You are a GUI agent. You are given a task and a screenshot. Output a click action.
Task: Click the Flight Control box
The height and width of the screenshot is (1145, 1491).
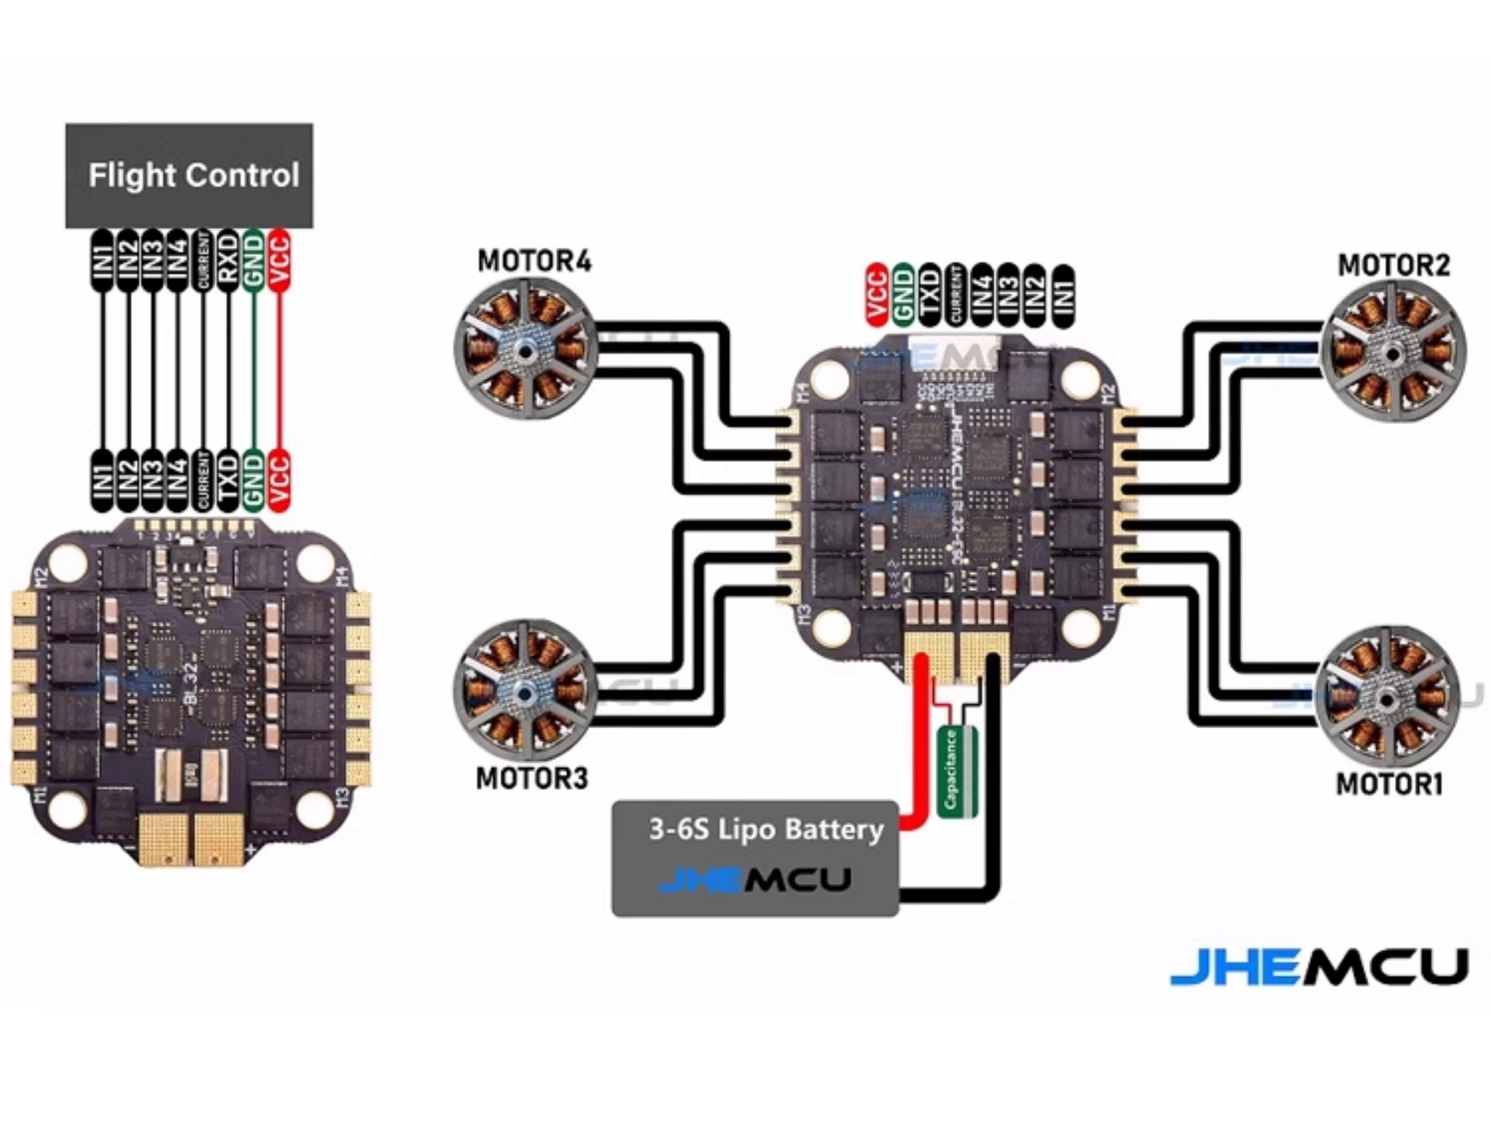[x=189, y=176]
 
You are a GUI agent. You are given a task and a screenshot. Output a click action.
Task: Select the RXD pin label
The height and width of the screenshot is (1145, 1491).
[x=228, y=260]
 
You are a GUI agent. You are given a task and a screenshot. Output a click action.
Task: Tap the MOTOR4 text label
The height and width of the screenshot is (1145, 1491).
[x=533, y=261]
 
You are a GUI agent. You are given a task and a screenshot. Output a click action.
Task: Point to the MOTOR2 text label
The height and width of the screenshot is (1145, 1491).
[x=1393, y=266]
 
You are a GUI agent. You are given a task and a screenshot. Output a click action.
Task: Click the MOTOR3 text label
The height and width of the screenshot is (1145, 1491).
[x=532, y=778]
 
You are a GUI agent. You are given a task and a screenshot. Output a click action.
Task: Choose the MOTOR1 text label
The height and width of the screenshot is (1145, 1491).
[x=1388, y=784]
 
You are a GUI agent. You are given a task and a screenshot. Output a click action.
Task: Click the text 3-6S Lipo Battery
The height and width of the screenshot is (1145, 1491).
[x=766, y=830]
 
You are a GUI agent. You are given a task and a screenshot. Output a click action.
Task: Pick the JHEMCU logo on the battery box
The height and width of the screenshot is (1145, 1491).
[x=754, y=880]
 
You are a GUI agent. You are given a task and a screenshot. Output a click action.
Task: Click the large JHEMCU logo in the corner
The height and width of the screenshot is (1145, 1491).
[x=1319, y=967]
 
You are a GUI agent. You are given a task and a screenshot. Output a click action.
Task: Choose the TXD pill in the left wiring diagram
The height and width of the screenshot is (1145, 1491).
[x=228, y=479]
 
